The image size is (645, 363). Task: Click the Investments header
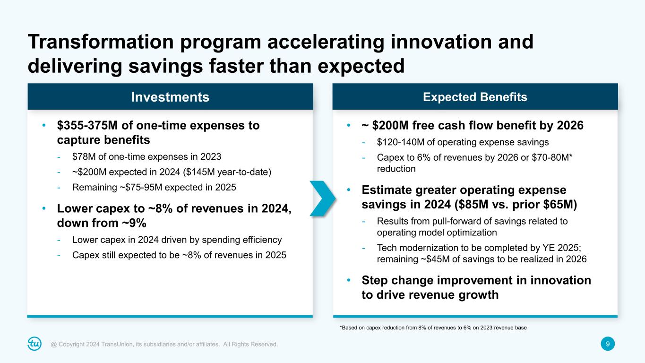coord(170,97)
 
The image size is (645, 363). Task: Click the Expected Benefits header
coord(475,97)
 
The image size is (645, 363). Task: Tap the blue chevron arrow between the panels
coord(323,198)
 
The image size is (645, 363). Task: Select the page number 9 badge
coord(608,344)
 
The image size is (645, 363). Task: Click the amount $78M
coord(83,156)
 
